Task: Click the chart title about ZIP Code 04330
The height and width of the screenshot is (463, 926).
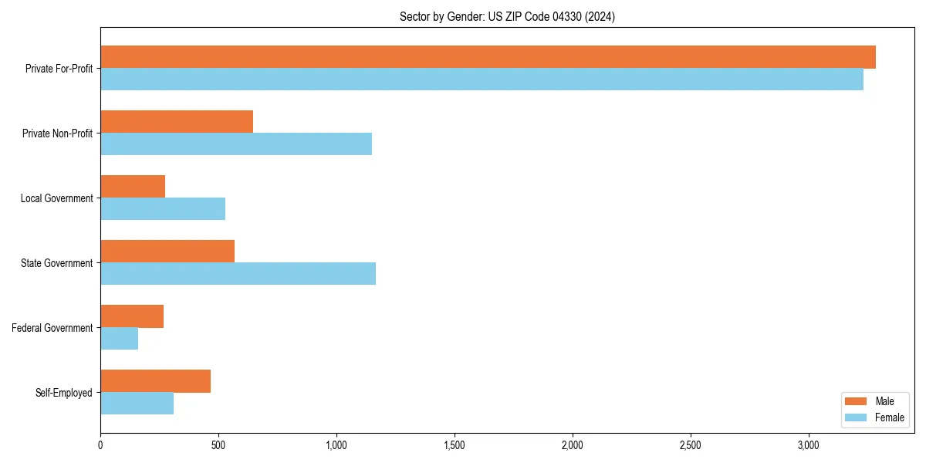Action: tap(507, 16)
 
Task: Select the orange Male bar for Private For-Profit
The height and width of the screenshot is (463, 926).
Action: tap(488, 57)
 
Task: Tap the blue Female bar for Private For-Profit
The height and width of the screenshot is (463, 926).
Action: tap(482, 79)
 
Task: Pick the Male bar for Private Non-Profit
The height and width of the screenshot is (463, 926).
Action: tap(177, 122)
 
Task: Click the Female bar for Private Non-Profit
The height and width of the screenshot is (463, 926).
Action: tap(236, 144)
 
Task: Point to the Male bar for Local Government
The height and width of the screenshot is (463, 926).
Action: tap(133, 187)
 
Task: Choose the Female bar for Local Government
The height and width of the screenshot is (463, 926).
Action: tap(163, 209)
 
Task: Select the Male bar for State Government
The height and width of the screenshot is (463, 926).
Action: tap(167, 252)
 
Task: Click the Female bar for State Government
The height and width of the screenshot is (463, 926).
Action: tap(238, 274)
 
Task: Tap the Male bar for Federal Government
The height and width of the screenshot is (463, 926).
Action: tap(132, 316)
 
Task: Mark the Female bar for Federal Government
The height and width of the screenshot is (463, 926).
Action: tap(120, 339)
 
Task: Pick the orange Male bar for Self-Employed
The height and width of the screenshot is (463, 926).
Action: tap(155, 381)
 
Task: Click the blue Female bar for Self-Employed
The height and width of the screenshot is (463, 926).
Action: tap(137, 404)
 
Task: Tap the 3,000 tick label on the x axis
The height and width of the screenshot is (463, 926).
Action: tap(808, 445)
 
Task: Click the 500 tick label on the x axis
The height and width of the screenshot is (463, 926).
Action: tap(218, 445)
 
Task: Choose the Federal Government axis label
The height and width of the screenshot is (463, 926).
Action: tap(52, 328)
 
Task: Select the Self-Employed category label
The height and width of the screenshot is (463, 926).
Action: tap(64, 393)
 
